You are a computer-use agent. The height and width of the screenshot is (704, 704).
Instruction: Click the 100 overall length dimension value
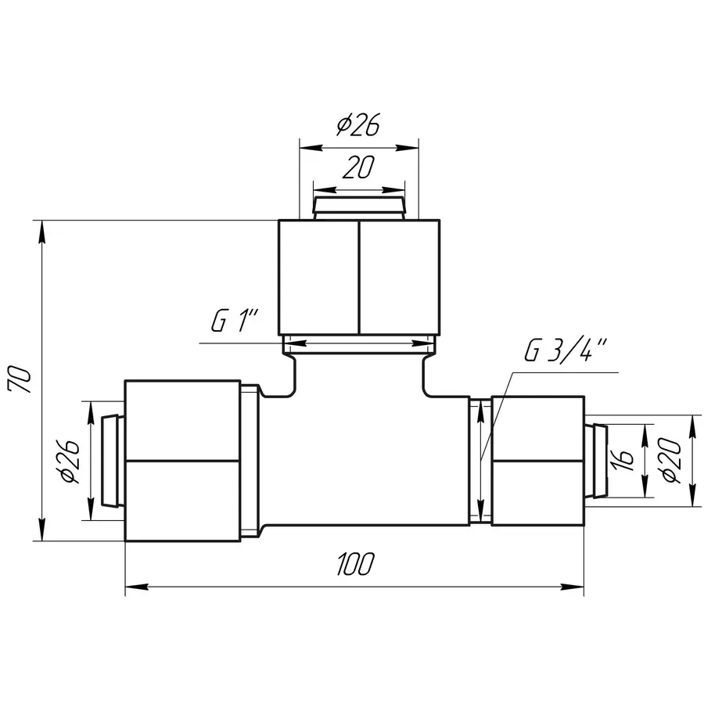pyautogui.click(x=355, y=563)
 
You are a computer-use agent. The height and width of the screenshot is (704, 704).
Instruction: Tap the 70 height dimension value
pyautogui.click(x=20, y=380)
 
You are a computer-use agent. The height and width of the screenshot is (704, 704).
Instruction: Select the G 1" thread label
pyautogui.click(x=235, y=321)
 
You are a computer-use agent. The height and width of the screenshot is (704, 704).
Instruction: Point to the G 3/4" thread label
pyautogui.click(x=566, y=350)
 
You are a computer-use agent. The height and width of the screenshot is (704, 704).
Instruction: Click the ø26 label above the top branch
pyautogui.click(x=358, y=124)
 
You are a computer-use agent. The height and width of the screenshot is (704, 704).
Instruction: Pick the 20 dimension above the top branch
pyautogui.click(x=358, y=167)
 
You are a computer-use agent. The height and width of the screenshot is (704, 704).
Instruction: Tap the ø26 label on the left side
pyautogui.click(x=70, y=461)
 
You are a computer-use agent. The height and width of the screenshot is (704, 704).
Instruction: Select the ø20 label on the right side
pyautogui.click(x=671, y=461)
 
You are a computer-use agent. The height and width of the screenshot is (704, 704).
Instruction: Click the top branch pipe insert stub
pyautogui.click(x=359, y=208)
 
